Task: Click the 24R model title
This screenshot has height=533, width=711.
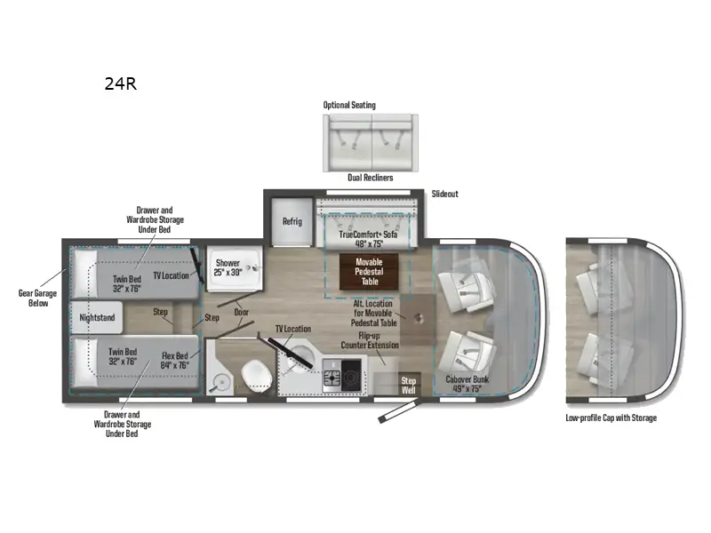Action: [x=119, y=85]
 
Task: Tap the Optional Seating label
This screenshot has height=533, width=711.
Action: [x=349, y=105]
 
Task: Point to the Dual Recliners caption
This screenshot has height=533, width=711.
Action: [x=371, y=178]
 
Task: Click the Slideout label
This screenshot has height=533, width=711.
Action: [x=445, y=194]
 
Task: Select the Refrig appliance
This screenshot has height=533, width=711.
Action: [x=292, y=221]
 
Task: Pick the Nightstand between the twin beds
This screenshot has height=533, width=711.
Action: [x=96, y=315]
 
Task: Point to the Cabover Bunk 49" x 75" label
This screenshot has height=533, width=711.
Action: [x=467, y=384]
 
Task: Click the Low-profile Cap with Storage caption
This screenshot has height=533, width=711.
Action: [x=611, y=418]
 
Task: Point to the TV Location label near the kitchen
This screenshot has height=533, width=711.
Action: [x=292, y=329]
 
